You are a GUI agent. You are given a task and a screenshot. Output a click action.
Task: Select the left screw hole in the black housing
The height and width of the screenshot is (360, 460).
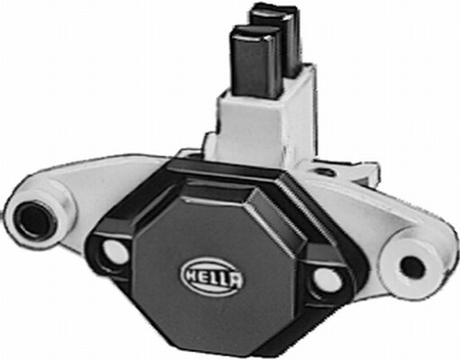[x=115, y=253]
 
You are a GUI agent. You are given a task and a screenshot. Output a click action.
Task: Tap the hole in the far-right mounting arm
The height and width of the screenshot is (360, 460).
[x=411, y=265]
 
